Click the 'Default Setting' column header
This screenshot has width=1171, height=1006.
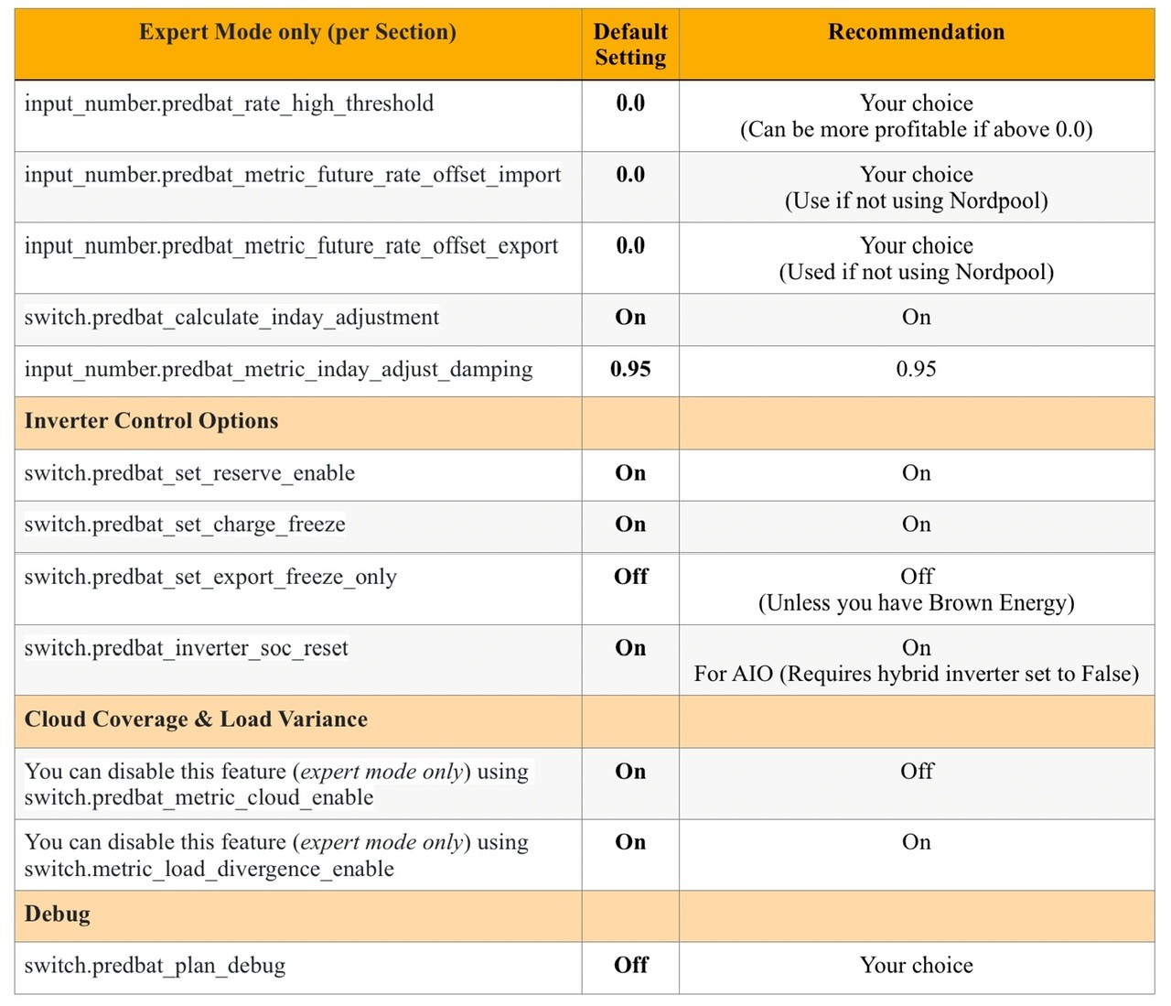pos(630,44)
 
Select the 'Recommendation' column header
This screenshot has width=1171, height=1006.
pos(916,32)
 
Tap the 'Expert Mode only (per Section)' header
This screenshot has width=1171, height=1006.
pos(297,32)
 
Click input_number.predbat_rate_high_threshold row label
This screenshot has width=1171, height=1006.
pos(229,103)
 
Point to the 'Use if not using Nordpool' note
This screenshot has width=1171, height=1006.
pos(916,200)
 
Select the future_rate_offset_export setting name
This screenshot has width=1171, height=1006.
pos(291,246)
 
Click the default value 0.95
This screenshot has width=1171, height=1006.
pos(630,369)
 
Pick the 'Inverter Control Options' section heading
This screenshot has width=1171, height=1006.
pos(151,421)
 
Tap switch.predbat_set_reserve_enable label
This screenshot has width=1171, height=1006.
pos(189,473)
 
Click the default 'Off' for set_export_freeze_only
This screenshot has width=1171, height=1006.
pos(630,577)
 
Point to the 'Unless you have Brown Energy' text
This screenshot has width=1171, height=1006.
pos(916,603)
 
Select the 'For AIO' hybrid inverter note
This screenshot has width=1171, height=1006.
pos(916,674)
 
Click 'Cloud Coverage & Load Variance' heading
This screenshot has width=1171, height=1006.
pos(196,719)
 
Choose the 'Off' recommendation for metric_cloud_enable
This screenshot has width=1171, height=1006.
pos(917,772)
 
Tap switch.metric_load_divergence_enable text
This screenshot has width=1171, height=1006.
pos(209,869)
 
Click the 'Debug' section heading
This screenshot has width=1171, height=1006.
pos(58,914)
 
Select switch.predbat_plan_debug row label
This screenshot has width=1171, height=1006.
pos(155,966)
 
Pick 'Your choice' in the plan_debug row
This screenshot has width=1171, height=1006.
pos(916,966)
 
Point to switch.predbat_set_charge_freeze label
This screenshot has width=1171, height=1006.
pos(185,525)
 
